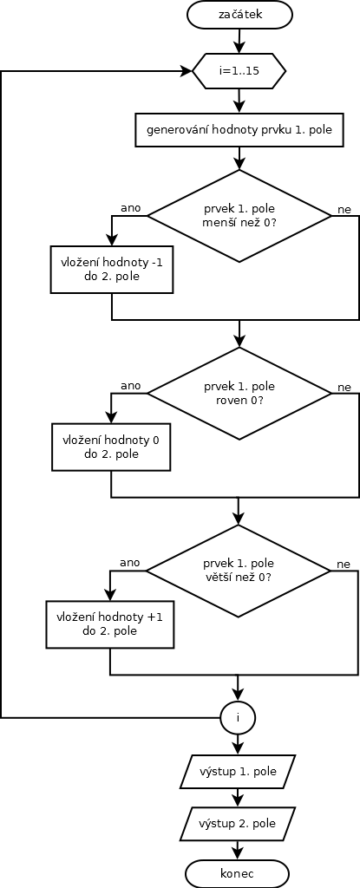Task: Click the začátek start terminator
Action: (239, 15)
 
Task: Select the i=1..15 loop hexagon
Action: (239, 71)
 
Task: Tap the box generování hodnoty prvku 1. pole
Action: (239, 130)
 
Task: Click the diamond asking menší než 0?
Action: (239, 216)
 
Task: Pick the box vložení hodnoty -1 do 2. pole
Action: (112, 269)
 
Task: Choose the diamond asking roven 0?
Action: (239, 393)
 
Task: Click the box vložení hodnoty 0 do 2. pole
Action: (112, 447)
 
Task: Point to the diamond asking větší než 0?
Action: (239, 571)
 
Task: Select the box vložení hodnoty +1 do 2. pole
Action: (110, 624)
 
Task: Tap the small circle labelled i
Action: (238, 717)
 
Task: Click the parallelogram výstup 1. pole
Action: (238, 771)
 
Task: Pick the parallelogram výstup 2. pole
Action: (238, 823)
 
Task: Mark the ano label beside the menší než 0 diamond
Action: (131, 207)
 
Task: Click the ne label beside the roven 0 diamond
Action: (344, 388)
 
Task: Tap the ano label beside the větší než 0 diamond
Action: (130, 562)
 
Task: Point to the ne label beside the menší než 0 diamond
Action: (344, 210)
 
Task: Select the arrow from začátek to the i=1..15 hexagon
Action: (239, 42)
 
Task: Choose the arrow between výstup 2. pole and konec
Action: (238, 850)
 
